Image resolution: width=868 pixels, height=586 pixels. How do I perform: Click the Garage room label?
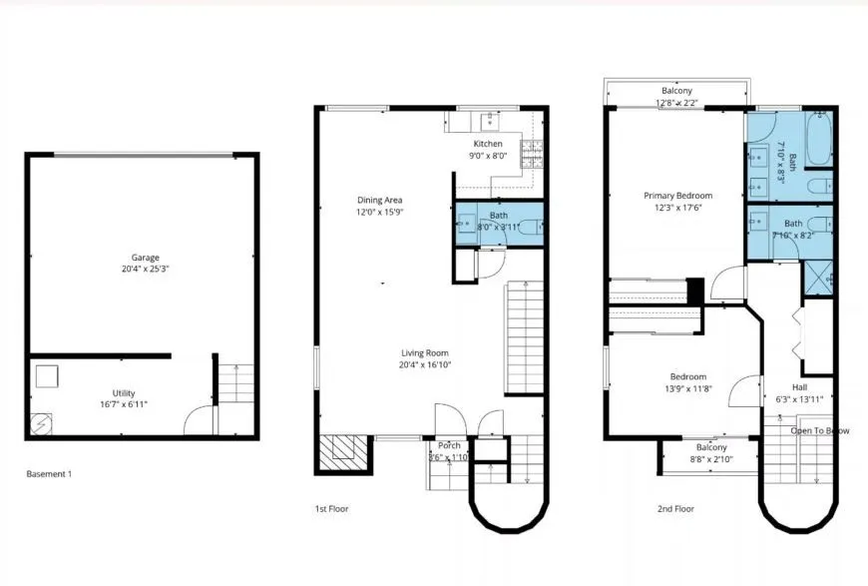146,258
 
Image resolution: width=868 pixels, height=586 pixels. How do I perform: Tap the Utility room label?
124,393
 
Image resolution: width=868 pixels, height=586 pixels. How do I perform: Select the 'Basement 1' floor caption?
49,474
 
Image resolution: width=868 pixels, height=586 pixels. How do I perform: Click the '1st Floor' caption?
331,508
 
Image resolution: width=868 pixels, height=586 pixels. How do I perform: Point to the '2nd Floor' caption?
675,508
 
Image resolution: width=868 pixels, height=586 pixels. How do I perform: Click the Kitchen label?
488,144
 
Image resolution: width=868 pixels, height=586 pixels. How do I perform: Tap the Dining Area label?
379,201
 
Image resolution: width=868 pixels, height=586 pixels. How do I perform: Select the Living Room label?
425,353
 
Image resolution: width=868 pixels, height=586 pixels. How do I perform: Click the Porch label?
449,445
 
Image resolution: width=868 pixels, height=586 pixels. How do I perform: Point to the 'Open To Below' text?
820,431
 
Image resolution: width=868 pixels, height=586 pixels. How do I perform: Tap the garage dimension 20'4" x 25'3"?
146,270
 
